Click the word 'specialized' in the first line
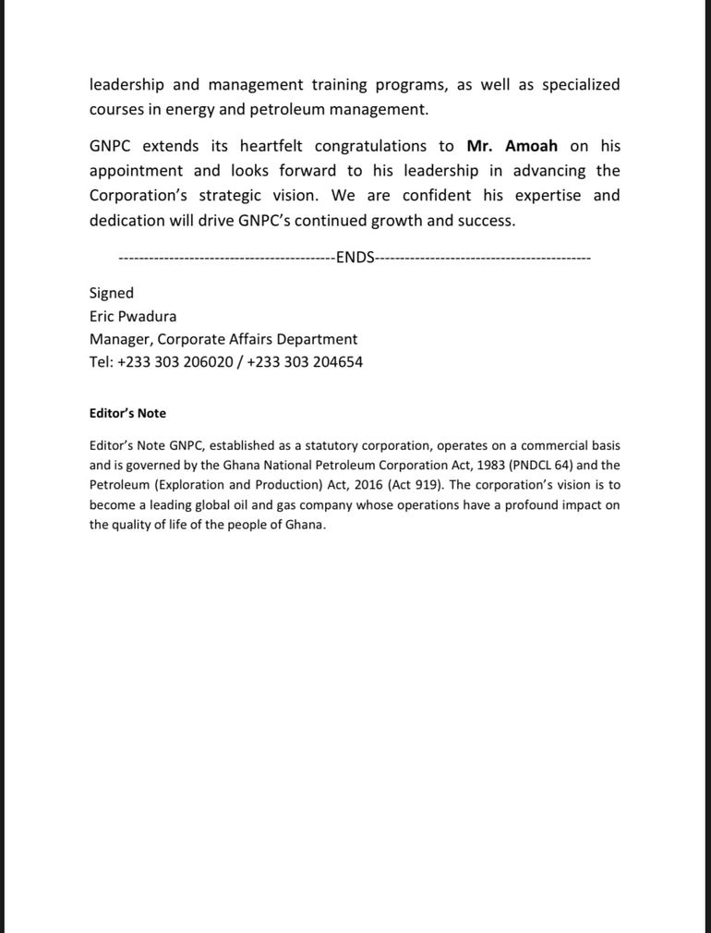(x=581, y=85)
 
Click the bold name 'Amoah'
(x=531, y=146)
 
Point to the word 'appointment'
(x=136, y=171)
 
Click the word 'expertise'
(x=548, y=196)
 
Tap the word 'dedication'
(x=127, y=221)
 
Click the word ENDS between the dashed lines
(x=355, y=258)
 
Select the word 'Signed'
(x=112, y=293)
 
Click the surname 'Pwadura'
(x=147, y=316)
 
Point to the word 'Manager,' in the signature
(x=121, y=339)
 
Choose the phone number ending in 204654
(x=305, y=362)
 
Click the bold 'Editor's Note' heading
(x=127, y=413)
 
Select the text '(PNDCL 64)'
(x=540, y=466)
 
